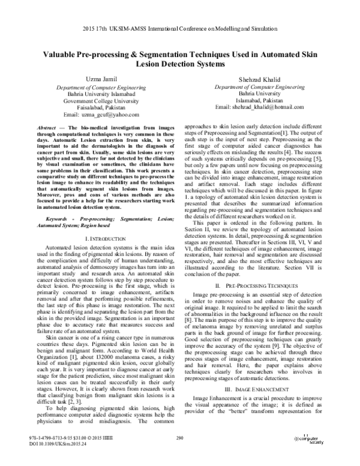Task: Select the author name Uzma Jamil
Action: tap(88, 79)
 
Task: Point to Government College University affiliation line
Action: tap(88, 100)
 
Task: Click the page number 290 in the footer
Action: tap(179, 456)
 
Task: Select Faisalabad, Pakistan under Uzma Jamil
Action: tap(88, 107)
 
